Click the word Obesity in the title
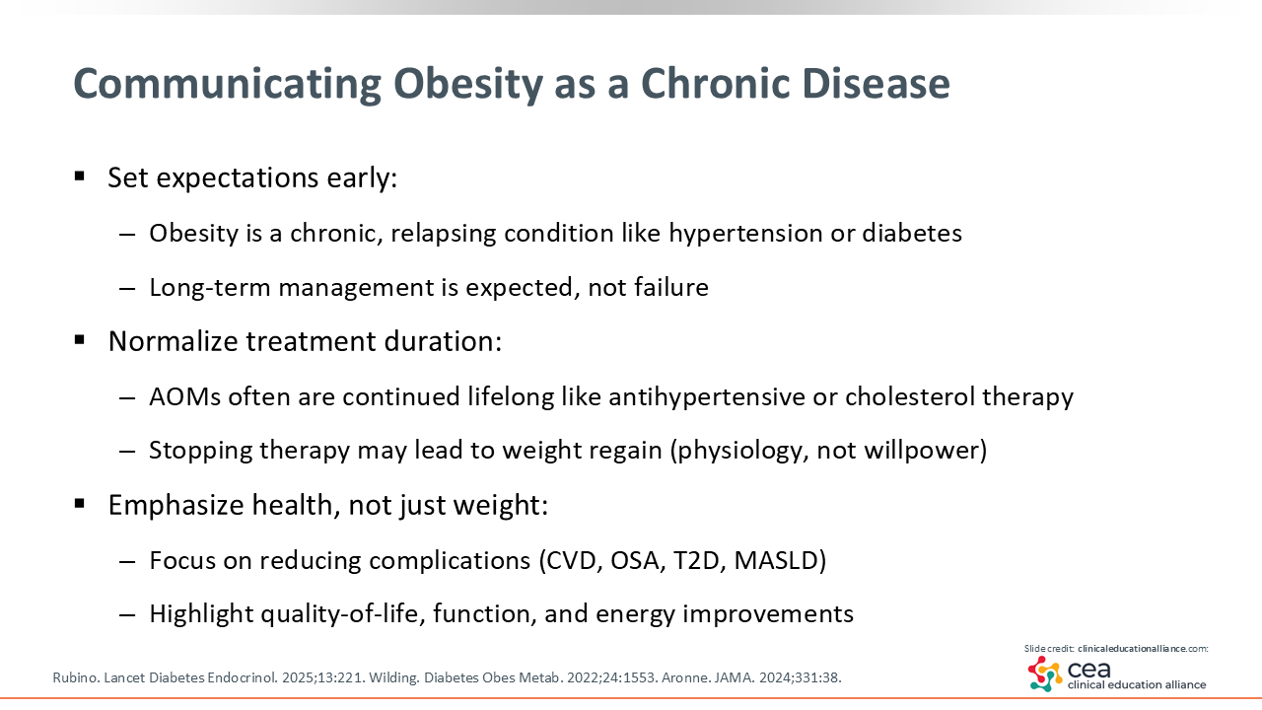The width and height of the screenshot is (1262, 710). tap(467, 85)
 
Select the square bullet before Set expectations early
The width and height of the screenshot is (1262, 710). tap(80, 177)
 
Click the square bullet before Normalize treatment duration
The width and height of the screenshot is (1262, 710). tap(80, 340)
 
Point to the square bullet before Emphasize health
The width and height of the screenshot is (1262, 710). tap(80, 503)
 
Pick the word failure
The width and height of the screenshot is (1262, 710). tap(671, 287)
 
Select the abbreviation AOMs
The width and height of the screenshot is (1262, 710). tap(184, 396)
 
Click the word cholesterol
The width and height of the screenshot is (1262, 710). tap(910, 396)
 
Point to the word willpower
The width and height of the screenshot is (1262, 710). tap(921, 451)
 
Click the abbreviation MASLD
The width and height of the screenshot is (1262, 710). tap(776, 561)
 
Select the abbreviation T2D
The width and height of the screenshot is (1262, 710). tap(696, 561)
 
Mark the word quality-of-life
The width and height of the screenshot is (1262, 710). tap(342, 614)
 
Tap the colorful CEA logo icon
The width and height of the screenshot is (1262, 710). tap(1045, 674)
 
